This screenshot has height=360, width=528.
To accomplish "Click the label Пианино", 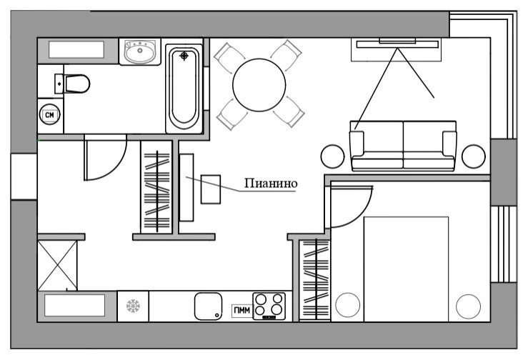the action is pos(271,183).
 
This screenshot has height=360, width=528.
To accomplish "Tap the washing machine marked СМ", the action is pos(49,114).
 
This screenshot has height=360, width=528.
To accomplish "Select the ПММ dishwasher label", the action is pos(241,310).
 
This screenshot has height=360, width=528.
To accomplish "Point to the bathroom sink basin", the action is pos(140,51).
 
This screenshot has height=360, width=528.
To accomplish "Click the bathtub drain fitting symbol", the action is pos(184,56).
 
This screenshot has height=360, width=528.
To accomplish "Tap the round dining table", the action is pos(259,85).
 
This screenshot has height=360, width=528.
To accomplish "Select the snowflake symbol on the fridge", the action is pos(133,306).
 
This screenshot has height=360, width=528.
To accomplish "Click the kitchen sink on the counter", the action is pos(208,306).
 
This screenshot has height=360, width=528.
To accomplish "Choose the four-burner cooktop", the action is pos(269,306).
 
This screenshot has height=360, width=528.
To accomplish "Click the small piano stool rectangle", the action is pos(211,189).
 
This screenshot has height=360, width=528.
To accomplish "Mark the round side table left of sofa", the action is pos(332,156).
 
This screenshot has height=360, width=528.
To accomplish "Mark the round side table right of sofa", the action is pos(474,156).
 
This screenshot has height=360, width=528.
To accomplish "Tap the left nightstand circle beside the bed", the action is pos(347,305).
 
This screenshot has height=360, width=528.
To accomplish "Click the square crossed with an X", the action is pos(57,266).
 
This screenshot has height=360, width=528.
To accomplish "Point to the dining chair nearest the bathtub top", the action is pos(229,57).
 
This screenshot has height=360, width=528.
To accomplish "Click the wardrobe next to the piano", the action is pos(156,187).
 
